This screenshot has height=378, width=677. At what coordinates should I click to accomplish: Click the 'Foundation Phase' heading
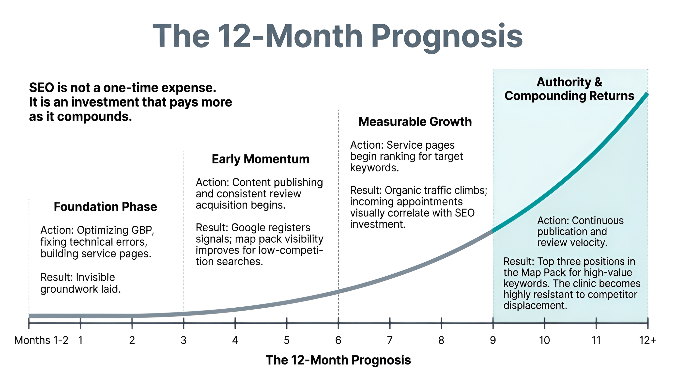[105, 207]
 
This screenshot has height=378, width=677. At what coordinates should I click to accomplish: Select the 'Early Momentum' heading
[261, 159]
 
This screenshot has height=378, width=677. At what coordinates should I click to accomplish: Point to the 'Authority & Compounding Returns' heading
[569, 89]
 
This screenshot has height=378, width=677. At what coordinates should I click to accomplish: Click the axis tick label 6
[338, 340]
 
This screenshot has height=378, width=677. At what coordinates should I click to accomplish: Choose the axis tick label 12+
[647, 340]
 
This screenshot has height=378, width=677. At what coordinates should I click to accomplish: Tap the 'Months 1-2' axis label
[41, 340]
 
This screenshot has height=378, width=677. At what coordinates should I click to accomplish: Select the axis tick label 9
[493, 340]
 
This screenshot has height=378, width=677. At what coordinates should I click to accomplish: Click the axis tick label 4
[235, 340]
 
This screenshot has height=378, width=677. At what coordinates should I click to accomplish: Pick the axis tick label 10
[544, 340]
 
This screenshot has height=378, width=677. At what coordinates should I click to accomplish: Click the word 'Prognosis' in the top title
[447, 37]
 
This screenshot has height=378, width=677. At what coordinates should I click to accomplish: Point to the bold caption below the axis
[338, 360]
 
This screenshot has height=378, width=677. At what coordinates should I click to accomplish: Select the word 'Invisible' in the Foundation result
[95, 277]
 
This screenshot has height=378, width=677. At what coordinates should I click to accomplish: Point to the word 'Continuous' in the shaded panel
[597, 220]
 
